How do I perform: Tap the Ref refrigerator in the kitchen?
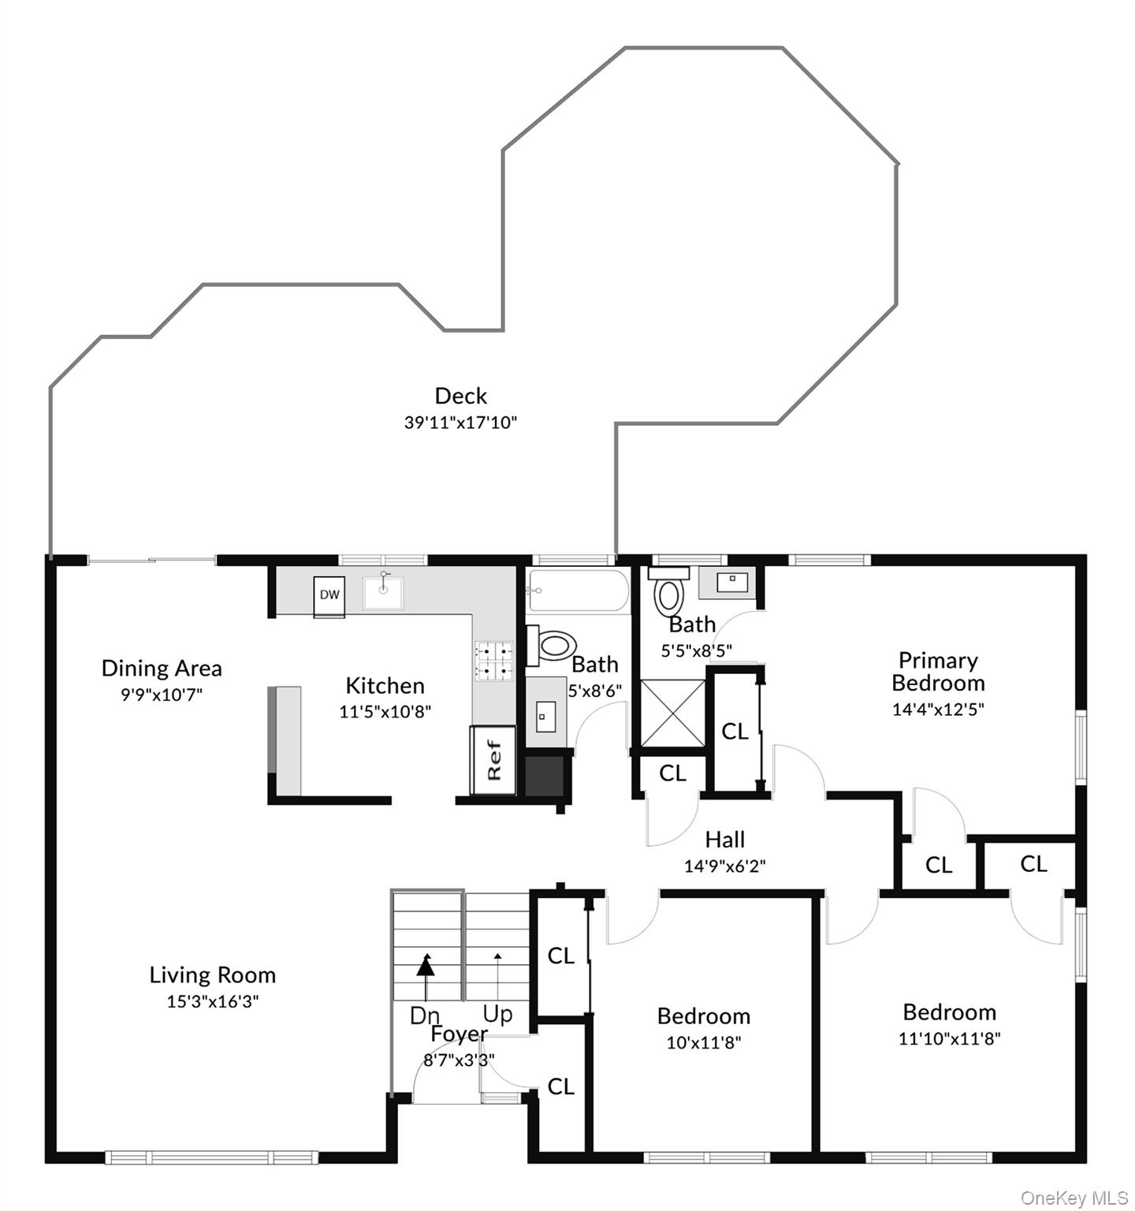(x=493, y=760)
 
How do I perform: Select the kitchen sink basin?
(x=383, y=593)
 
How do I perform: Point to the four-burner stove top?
(x=493, y=661)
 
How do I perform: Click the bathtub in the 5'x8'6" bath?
(x=578, y=591)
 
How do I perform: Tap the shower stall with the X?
(x=672, y=714)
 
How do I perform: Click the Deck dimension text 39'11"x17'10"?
(x=460, y=423)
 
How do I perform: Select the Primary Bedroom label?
(x=938, y=672)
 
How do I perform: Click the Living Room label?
(x=213, y=975)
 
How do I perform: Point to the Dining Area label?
(x=162, y=669)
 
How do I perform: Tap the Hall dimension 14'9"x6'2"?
(x=725, y=866)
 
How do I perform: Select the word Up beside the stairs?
(x=498, y=1014)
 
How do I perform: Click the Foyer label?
(x=460, y=1034)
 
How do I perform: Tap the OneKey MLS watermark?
(x=1074, y=1198)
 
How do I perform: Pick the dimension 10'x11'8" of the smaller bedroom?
(x=704, y=1043)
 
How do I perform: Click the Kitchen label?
(x=385, y=686)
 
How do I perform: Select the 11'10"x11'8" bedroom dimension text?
(x=950, y=1039)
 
